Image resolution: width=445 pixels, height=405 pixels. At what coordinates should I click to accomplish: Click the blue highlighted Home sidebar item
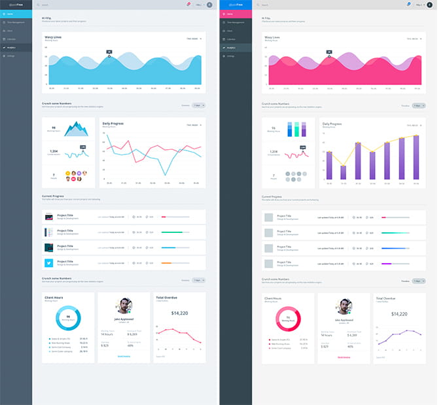16,14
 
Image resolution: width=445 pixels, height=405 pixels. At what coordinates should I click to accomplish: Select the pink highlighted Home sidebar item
236,14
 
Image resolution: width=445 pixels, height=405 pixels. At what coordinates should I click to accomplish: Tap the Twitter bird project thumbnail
49,262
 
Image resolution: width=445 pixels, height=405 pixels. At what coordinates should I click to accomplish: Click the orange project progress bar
166,262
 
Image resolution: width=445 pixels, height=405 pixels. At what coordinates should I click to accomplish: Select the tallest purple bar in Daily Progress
416,158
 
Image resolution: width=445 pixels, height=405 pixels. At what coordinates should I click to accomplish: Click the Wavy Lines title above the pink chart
272,37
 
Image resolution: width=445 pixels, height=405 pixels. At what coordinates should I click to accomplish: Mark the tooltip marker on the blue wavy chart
109,57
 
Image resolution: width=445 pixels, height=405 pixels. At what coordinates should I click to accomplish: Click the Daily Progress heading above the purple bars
332,123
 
